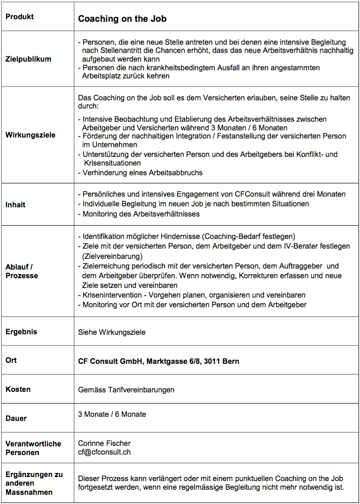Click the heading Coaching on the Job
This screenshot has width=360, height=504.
pyautogui.click(x=122, y=19)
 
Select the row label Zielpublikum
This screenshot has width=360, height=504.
pyautogui.click(x=29, y=59)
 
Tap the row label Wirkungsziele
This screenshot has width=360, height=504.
pyautogui.click(x=30, y=135)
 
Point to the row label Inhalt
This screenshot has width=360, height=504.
pyautogui.click(x=15, y=204)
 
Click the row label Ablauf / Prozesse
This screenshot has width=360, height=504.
pyautogui.click(x=22, y=271)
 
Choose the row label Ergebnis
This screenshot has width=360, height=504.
pyautogui.click(x=21, y=332)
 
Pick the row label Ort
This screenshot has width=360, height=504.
pyautogui.click(x=11, y=360)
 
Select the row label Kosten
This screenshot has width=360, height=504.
pyautogui.click(x=18, y=389)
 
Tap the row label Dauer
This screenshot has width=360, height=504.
pyautogui.click(x=16, y=418)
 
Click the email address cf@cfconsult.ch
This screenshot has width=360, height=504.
pyautogui.click(x=105, y=452)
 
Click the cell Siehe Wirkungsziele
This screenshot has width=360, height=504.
pyautogui.click(x=112, y=332)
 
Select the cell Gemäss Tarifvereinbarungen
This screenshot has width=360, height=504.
pyautogui.click(x=126, y=390)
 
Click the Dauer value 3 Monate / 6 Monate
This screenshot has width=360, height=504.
pyautogui.click(x=112, y=414)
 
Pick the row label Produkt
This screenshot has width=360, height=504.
pyautogui.click(x=20, y=17)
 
